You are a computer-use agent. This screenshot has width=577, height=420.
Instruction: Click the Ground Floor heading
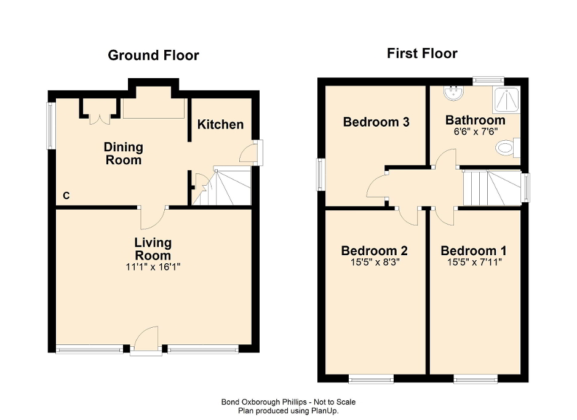153,55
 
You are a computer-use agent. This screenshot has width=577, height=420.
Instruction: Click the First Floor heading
422,53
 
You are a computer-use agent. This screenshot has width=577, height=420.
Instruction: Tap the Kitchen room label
220,125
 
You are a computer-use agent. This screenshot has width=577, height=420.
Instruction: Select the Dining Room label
123,154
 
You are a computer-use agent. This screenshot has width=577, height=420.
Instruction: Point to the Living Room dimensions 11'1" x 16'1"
153,267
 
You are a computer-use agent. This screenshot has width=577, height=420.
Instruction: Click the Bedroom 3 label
376,122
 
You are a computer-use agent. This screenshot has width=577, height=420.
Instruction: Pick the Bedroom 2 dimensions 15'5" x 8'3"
375,261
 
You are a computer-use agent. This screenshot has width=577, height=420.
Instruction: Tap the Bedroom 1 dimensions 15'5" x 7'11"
474,261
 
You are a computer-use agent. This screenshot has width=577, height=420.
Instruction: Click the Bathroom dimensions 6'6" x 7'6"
475,131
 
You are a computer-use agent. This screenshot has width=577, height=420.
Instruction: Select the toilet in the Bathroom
507,148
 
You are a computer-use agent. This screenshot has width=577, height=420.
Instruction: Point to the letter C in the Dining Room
66,196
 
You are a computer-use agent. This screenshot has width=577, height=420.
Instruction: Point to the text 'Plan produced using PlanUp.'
288,410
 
